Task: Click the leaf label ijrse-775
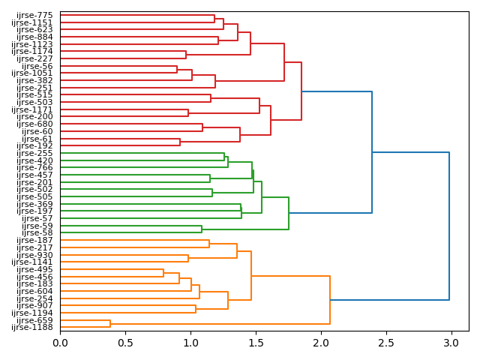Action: [34, 15]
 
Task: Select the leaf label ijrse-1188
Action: [32, 328]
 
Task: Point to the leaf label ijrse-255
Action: [34, 153]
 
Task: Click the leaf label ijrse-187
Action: [34, 240]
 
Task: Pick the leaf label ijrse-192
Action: [34, 145]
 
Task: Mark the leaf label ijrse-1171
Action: [32, 109]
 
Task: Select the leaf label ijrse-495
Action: [34, 269]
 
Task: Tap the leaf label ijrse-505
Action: [34, 196]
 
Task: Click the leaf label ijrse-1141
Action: [32, 262]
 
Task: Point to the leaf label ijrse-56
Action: [37, 66]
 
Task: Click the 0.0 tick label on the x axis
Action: [60, 343]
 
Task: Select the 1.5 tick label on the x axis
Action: [256, 343]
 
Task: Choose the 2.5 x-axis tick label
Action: [386, 343]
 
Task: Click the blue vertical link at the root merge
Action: [449, 226]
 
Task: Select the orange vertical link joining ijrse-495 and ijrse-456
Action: [163, 273]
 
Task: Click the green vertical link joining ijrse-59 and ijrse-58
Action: [202, 229]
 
